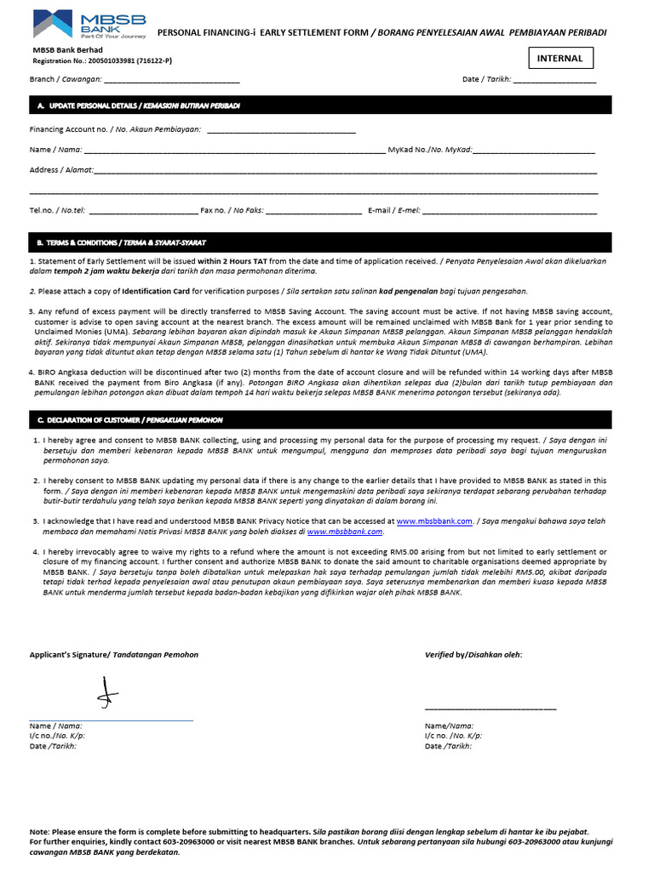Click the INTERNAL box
click(560, 58)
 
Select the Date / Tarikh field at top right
click(554, 82)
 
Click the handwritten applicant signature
click(106, 693)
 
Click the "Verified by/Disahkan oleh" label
click(473, 654)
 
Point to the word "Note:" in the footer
click(39, 832)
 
